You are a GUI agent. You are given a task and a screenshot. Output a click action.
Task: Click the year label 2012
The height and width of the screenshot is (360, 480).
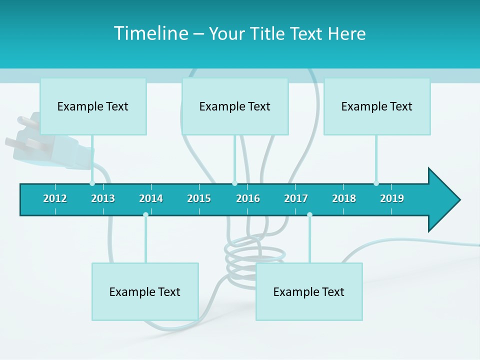click(x=55, y=198)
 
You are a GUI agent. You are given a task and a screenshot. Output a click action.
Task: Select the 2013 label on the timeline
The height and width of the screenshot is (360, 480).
click(x=103, y=198)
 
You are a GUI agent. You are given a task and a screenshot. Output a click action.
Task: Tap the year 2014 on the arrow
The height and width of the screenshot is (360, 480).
click(x=151, y=198)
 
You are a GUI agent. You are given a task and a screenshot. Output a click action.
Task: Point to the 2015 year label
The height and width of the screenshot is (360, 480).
click(x=199, y=198)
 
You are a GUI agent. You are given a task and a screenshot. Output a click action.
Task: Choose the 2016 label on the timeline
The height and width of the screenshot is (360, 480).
click(x=248, y=198)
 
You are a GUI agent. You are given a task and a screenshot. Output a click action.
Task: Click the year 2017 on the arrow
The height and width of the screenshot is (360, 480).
click(x=296, y=198)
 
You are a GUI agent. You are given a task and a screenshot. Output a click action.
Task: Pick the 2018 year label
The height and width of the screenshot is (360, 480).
click(x=344, y=198)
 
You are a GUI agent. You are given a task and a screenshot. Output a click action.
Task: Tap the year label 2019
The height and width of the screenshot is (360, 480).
click(x=392, y=198)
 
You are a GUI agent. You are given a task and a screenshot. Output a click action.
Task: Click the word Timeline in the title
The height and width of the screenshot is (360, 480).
click(x=150, y=33)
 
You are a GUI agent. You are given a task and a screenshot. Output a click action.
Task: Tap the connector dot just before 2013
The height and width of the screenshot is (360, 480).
click(x=92, y=183)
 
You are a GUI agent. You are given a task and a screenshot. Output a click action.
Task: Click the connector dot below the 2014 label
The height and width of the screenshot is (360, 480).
click(x=145, y=215)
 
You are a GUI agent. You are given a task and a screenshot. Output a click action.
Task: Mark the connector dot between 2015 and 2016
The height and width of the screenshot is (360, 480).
click(x=234, y=183)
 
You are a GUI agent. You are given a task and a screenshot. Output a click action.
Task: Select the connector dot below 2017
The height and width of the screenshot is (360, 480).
click(x=309, y=215)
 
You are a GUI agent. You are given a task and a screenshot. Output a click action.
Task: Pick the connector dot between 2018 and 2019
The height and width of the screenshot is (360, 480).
click(x=376, y=183)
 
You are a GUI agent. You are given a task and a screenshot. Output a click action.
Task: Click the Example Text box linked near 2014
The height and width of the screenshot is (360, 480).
click(x=145, y=291)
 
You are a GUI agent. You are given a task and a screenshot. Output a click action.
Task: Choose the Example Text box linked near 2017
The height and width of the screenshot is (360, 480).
click(x=309, y=291)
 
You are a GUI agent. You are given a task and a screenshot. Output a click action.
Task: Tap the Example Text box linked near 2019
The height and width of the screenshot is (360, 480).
click(x=377, y=106)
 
